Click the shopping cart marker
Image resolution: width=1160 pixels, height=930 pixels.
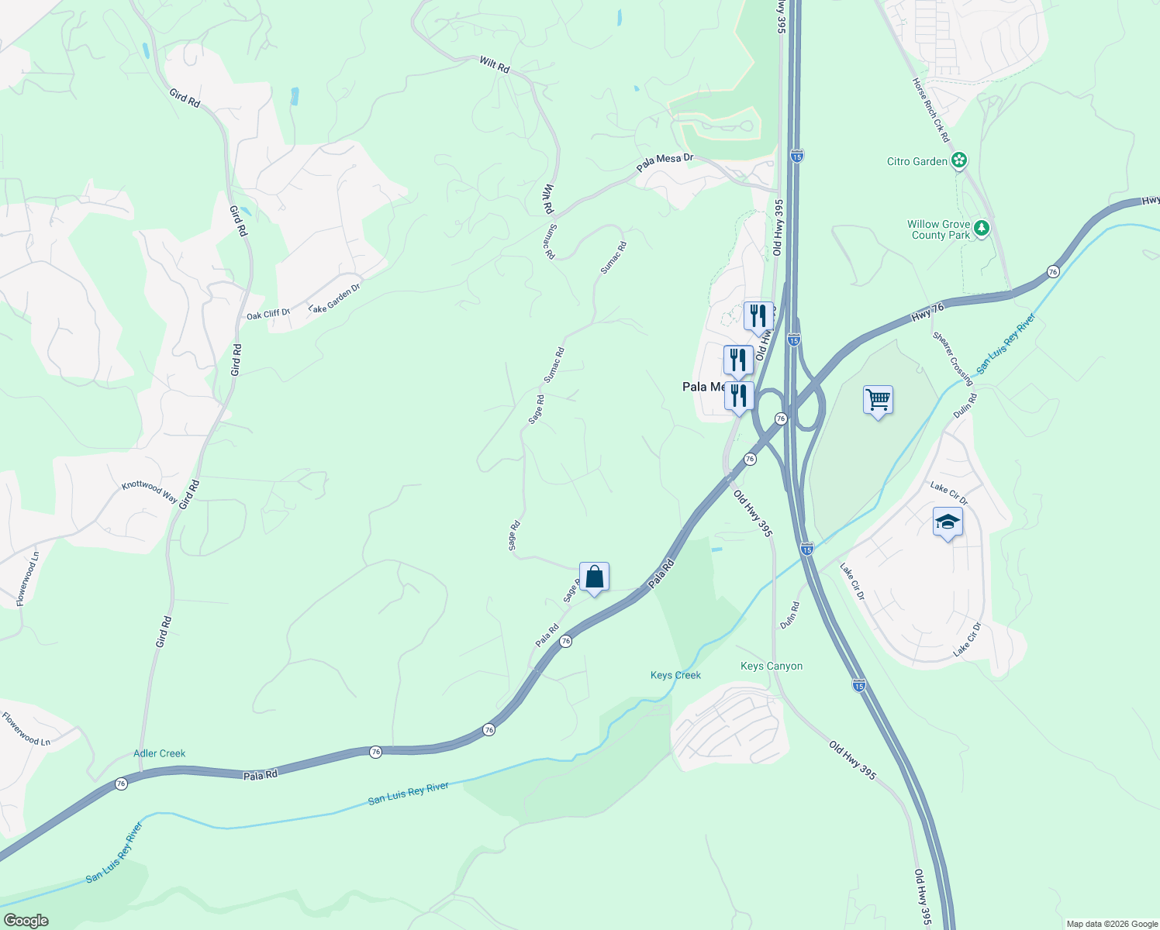[x=878, y=401]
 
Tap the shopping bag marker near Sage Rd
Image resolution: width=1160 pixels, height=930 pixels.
[x=594, y=577]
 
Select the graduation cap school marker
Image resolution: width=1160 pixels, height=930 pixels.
[x=948, y=523]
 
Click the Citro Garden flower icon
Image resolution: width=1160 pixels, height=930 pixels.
[x=960, y=161]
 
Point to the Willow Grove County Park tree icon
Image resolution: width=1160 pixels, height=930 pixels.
[x=982, y=229]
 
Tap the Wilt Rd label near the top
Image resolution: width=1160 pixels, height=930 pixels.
[x=495, y=65]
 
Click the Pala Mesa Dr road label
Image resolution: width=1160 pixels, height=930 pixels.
[x=665, y=162]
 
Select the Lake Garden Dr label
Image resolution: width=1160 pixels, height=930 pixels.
[x=334, y=298]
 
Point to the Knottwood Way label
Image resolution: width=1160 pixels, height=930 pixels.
[x=150, y=490]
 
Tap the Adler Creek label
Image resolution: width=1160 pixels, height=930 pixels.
[x=160, y=753]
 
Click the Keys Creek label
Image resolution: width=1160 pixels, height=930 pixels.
[x=675, y=675]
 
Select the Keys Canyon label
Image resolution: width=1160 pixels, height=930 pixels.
[x=772, y=666]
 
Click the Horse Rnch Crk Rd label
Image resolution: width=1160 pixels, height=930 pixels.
[x=930, y=109]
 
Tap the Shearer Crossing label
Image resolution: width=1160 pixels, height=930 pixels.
[x=952, y=358]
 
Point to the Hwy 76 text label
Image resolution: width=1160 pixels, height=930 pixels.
[x=927, y=312]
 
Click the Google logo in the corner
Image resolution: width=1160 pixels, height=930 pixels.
[x=26, y=921]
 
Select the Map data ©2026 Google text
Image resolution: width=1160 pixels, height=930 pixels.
[x=1112, y=924]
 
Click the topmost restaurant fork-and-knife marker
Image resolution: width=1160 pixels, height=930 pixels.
[x=758, y=316]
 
